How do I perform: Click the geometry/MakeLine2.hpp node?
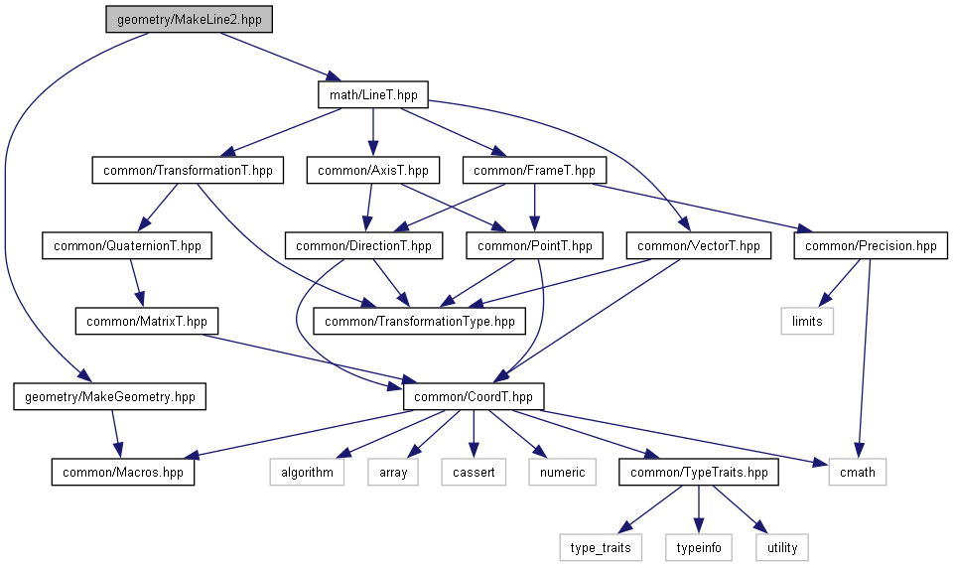coord(189,21)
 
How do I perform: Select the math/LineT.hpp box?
coord(372,95)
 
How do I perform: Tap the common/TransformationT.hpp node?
coord(187,170)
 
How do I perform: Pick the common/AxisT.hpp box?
coord(372,170)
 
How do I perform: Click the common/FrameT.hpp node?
coord(534,170)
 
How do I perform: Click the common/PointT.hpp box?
coord(534,245)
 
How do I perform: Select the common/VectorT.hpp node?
coord(698,245)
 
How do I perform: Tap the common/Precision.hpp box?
coord(871,245)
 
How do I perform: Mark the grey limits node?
coord(807,321)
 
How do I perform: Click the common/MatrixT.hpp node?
coord(146,321)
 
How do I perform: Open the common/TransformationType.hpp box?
coord(419,321)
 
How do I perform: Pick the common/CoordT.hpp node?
coord(475,396)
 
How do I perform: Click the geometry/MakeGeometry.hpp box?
coord(110,397)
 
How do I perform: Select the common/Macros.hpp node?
coord(123,472)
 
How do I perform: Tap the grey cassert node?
coord(475,472)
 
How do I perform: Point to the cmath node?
coord(857,472)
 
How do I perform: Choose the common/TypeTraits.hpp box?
coord(699,472)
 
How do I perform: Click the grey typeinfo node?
coord(699,546)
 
